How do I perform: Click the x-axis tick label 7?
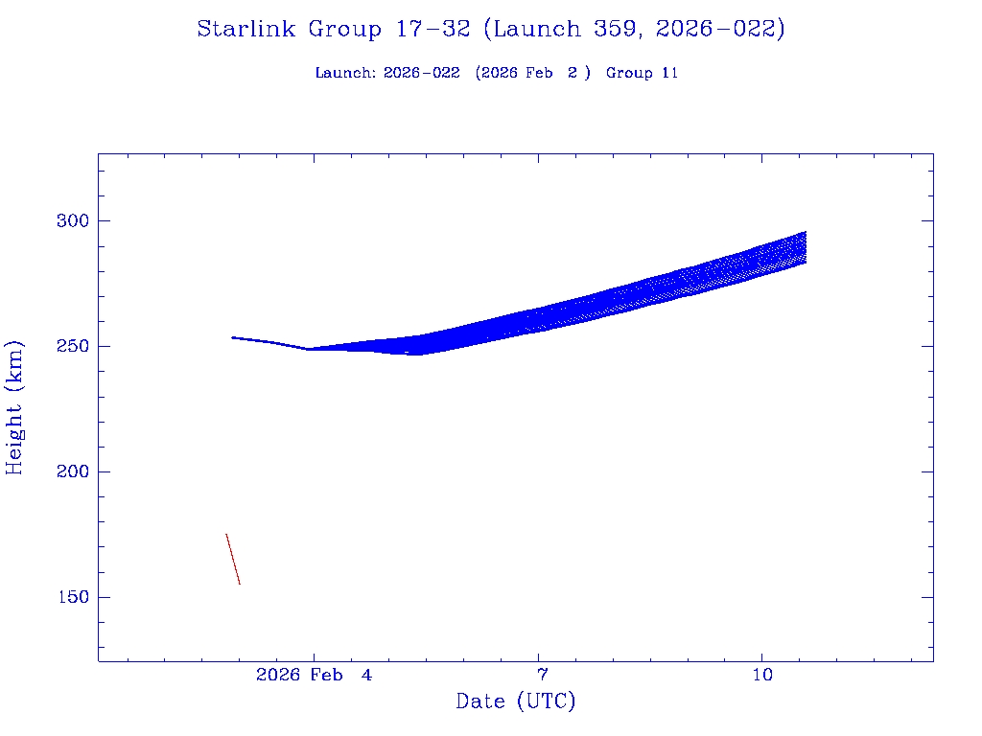pyautogui.click(x=542, y=676)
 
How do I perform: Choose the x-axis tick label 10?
pyautogui.click(x=761, y=676)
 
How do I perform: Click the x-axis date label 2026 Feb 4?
pyautogui.click(x=314, y=676)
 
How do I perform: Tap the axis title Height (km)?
pyautogui.click(x=15, y=407)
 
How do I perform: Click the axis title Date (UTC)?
pyautogui.click(x=516, y=701)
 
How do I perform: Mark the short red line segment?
pyautogui.click(x=233, y=559)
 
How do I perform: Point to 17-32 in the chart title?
pyautogui.click(x=433, y=30)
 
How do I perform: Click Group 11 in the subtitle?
pyautogui.click(x=642, y=73)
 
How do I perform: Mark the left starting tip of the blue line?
pyautogui.click(x=232, y=337)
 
